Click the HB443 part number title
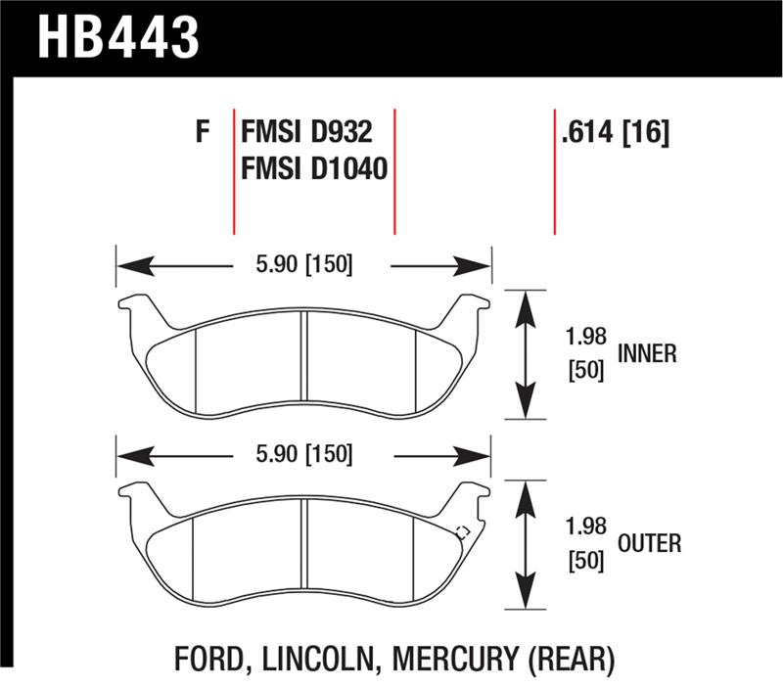(x=118, y=37)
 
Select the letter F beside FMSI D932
(x=203, y=132)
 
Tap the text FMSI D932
(x=306, y=132)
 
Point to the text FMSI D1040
(x=314, y=168)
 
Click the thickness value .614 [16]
(x=615, y=133)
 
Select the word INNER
(x=647, y=353)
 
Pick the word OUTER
(x=649, y=543)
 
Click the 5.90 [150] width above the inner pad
(x=304, y=264)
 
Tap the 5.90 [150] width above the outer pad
(x=304, y=454)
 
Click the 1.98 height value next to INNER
(x=586, y=337)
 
